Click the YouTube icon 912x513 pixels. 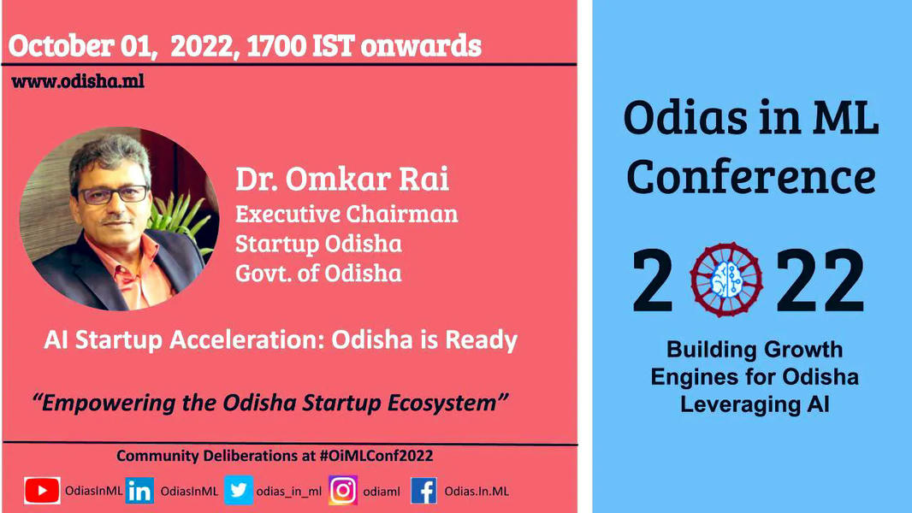point(42,491)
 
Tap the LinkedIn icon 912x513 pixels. point(139,491)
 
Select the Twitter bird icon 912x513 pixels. point(239,490)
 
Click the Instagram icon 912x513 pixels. point(343,490)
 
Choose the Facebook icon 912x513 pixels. point(424,491)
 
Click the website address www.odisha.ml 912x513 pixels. point(77,80)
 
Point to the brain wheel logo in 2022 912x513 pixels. point(725,280)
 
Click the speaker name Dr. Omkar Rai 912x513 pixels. point(342,179)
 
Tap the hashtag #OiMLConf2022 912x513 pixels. point(376,456)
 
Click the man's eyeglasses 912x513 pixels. point(114,194)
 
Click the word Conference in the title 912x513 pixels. point(751,177)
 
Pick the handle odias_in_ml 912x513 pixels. point(289,492)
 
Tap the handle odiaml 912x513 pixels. point(382,492)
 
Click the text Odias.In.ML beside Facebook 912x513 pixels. point(477,492)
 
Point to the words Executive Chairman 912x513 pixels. point(346,214)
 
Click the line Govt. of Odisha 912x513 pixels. point(318,273)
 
